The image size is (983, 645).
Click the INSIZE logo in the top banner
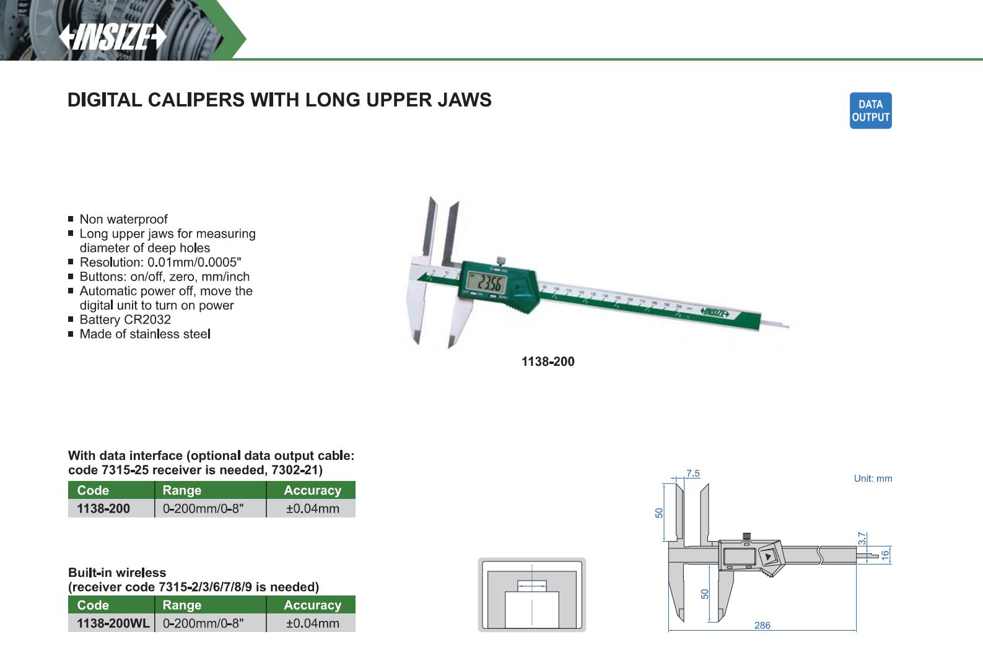click(113, 37)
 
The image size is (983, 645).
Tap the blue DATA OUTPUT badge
click(870, 111)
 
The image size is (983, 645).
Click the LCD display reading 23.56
click(487, 284)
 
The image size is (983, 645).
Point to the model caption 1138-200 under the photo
click(548, 361)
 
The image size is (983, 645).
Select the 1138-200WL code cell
click(113, 623)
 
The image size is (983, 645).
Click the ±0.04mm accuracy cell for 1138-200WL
click(312, 623)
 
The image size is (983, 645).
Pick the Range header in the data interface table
click(181, 490)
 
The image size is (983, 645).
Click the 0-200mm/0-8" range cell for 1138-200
click(203, 509)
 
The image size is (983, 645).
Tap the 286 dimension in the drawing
click(762, 625)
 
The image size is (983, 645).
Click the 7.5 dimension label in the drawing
click(693, 474)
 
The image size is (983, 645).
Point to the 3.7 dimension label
click(862, 539)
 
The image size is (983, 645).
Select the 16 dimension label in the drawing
click(885, 555)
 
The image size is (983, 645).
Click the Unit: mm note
click(873, 478)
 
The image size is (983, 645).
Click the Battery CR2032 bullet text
click(125, 319)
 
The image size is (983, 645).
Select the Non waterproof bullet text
click(123, 219)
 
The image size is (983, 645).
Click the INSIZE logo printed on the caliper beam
click(715, 313)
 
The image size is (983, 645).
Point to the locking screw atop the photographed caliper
click(500, 261)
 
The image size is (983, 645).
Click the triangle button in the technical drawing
click(768, 557)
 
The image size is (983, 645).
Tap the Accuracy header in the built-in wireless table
click(312, 605)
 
